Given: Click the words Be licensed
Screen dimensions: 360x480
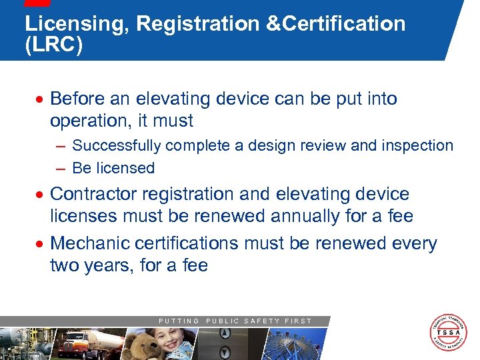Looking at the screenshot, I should tap(113, 168).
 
